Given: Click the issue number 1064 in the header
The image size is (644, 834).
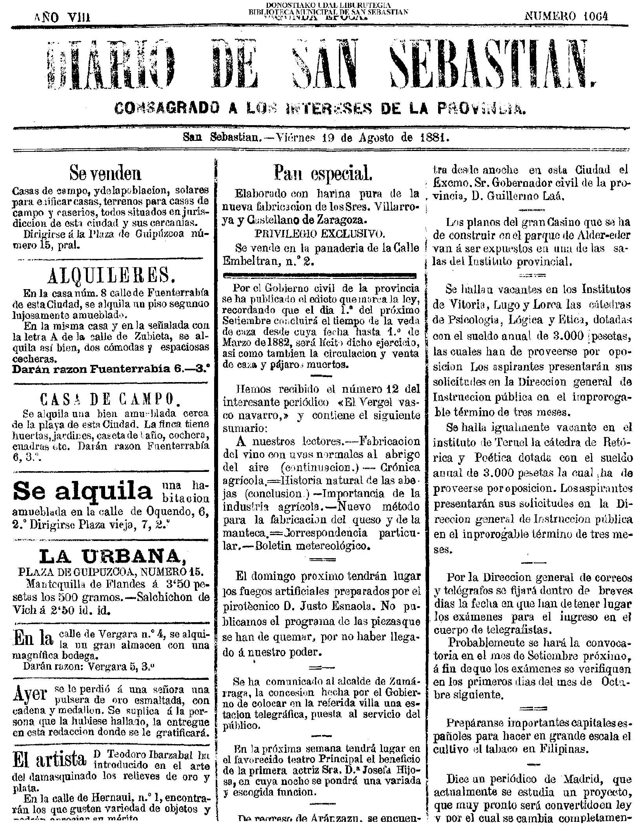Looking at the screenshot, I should coord(595,16).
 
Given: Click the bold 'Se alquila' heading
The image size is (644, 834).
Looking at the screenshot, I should coord(83,491).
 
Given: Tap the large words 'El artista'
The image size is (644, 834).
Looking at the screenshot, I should coord(49,758).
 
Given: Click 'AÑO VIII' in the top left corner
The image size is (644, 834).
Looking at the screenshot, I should coord(62,17).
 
